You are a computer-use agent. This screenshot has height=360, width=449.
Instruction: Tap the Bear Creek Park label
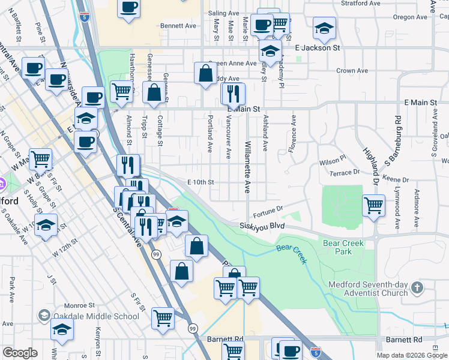(344, 247)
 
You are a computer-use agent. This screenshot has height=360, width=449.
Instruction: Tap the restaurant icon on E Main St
(233, 94)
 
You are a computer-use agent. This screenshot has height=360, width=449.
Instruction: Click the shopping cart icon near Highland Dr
(373, 206)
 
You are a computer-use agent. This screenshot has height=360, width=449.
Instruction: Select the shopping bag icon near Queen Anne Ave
(205, 73)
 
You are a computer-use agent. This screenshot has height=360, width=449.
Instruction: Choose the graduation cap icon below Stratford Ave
(324, 28)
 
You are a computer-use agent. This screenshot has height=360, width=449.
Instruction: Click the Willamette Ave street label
(247, 167)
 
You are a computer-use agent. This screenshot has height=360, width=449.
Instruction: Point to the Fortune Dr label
(267, 209)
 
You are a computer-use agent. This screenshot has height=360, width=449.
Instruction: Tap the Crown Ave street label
(352, 71)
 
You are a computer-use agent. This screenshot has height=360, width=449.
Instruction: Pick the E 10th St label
(200, 182)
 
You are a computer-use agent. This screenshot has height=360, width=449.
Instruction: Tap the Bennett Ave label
(178, 26)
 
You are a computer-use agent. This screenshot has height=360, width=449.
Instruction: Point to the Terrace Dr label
(344, 173)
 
